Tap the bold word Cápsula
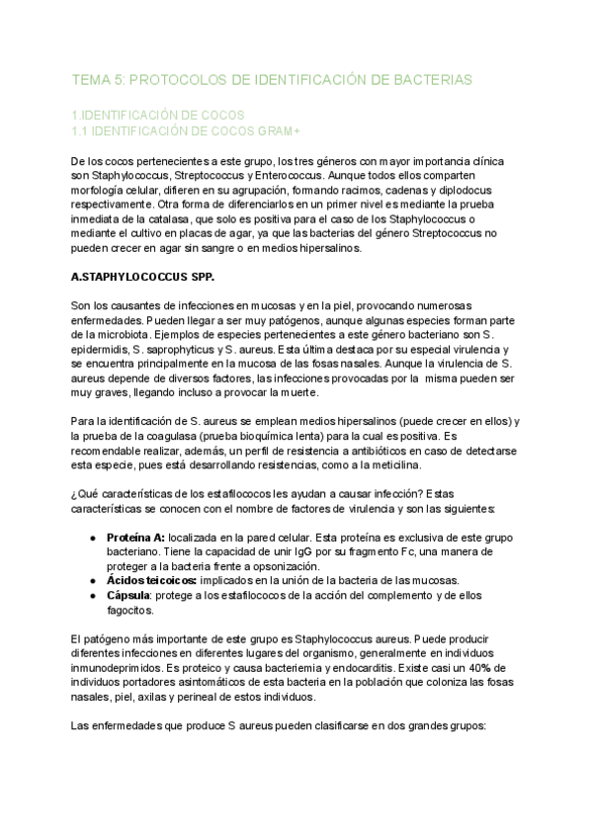click(129, 599)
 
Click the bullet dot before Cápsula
click(92, 599)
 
